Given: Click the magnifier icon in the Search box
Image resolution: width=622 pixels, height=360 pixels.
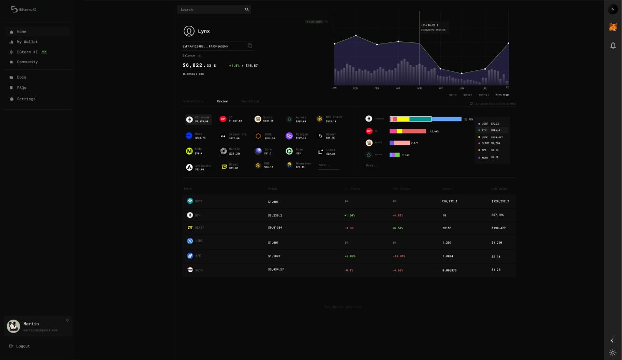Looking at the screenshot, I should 247,9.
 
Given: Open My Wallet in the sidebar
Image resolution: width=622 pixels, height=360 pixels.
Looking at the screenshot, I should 27,42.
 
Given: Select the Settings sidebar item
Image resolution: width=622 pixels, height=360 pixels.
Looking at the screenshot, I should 26,99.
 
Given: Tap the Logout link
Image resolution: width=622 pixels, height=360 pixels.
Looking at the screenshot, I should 23,346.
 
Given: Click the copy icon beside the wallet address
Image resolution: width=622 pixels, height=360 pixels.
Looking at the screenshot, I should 250,46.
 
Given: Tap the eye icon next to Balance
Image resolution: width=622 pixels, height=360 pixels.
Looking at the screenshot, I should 200,56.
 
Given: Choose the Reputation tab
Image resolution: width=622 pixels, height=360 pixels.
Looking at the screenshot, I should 250,101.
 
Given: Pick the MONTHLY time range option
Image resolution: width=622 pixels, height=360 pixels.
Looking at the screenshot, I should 484,95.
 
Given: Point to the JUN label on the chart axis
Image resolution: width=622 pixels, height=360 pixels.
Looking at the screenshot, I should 462,88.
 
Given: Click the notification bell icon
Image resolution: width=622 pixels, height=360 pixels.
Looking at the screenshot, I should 613,46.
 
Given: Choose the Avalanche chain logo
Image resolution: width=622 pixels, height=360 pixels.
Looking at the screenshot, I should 189,167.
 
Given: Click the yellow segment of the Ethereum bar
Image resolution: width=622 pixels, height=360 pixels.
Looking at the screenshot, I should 403,119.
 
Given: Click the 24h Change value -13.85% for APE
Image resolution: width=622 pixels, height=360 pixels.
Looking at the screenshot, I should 399,256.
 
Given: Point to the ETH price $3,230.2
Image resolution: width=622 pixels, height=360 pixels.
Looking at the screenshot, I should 275,215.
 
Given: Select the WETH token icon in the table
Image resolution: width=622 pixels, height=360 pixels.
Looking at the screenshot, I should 190,269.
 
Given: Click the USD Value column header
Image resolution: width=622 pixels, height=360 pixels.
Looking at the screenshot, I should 499,189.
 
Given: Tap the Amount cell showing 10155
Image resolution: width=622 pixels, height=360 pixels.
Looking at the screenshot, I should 447,228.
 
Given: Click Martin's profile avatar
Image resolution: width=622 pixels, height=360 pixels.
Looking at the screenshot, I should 13,326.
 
